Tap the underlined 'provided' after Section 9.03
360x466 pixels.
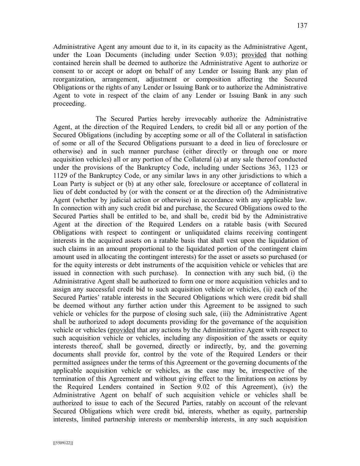[254, 55]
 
